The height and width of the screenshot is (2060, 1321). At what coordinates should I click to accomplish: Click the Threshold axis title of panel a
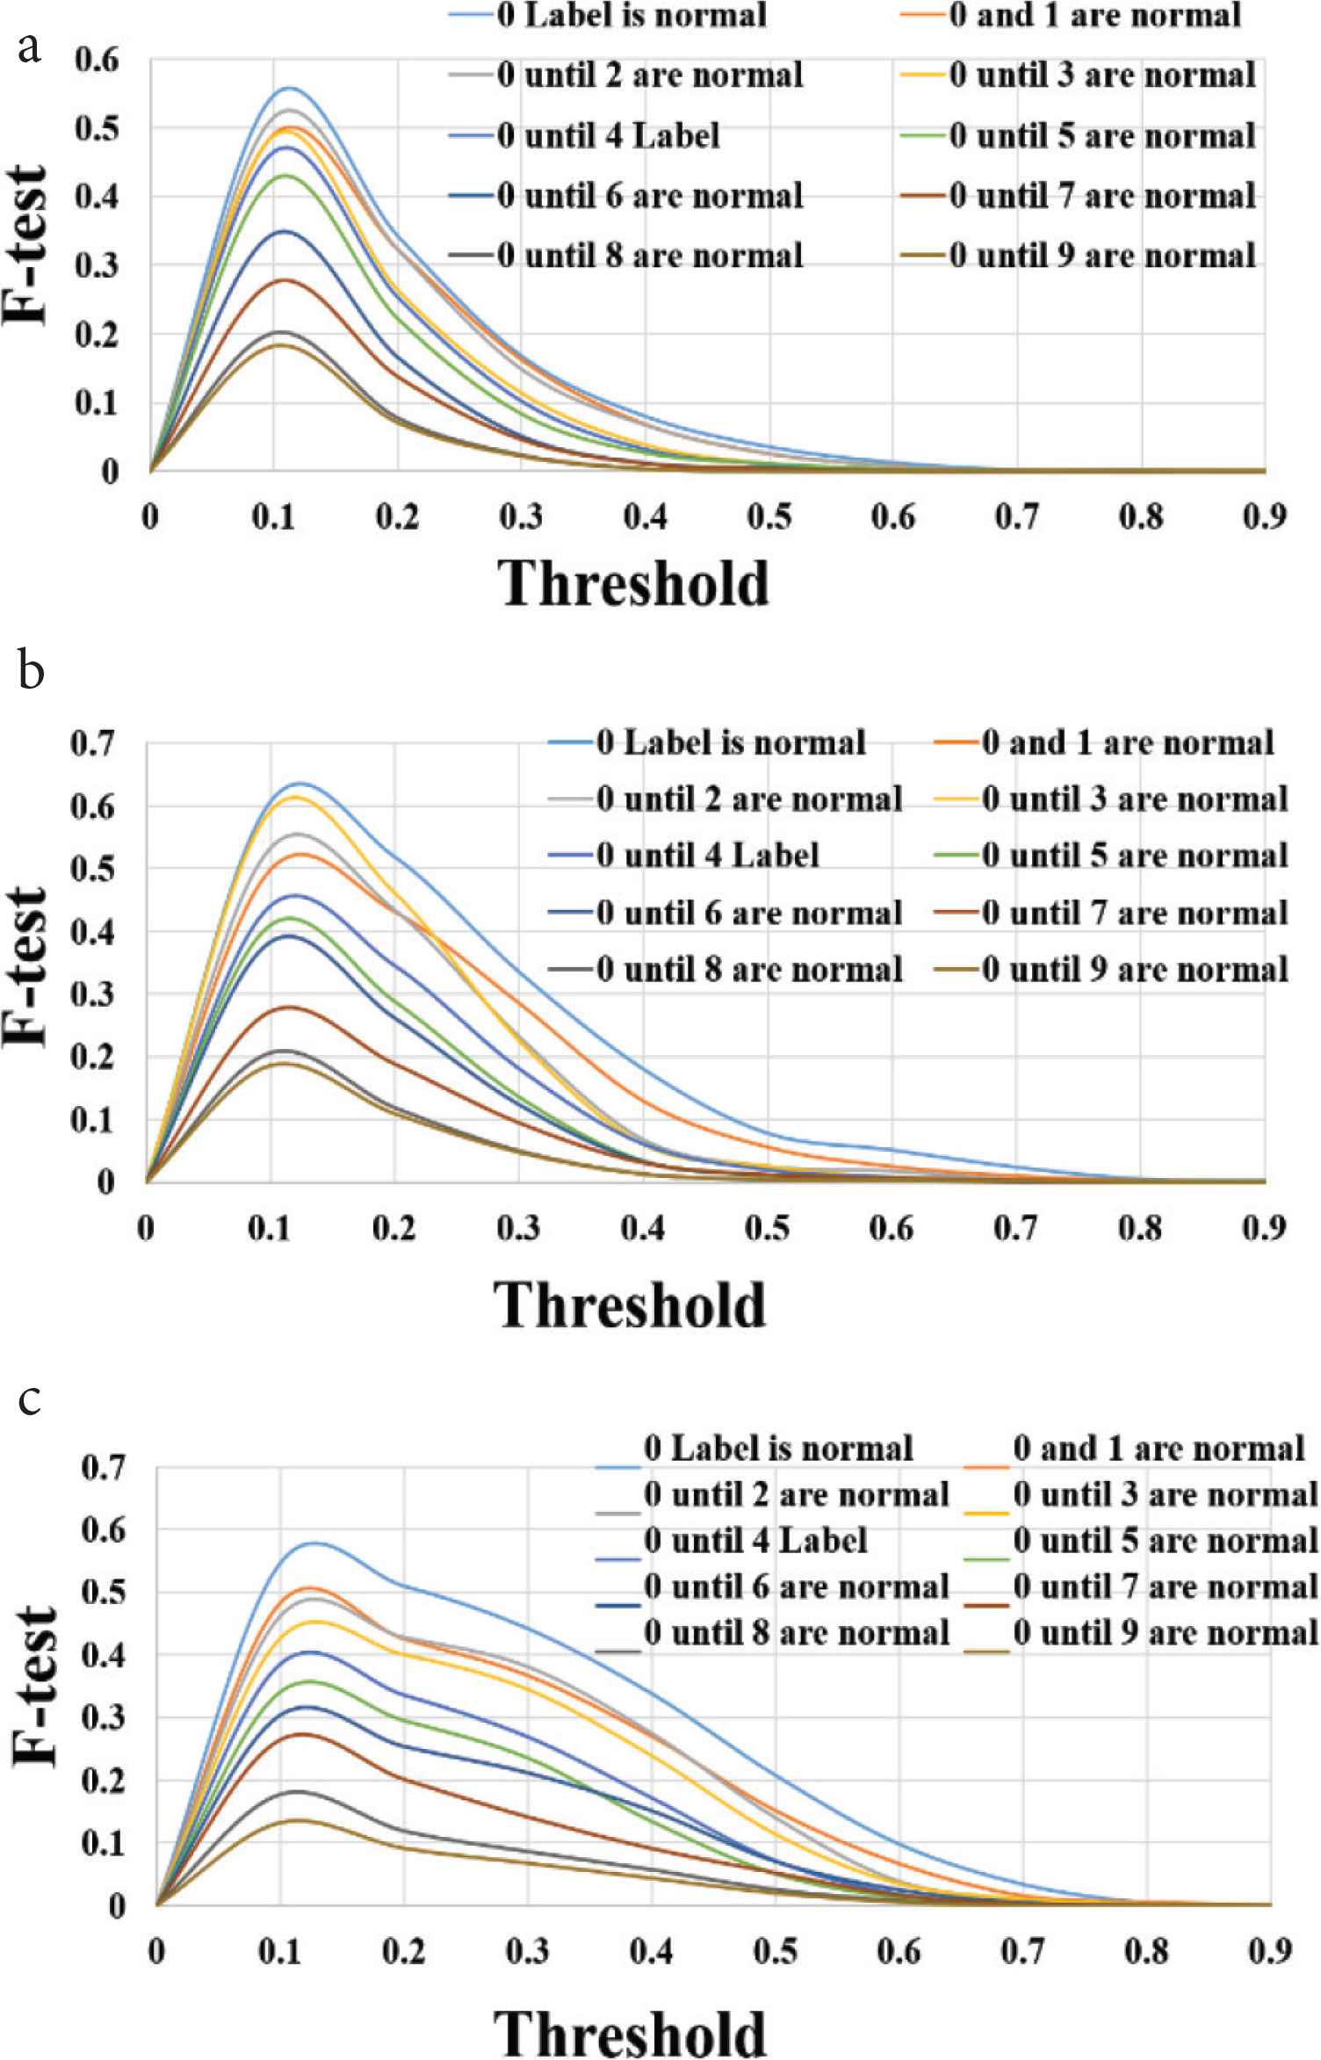[x=635, y=584]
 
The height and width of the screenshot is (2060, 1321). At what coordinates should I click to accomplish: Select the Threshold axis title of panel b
[x=631, y=1305]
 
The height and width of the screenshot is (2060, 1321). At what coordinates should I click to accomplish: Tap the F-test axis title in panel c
[x=35, y=1687]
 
